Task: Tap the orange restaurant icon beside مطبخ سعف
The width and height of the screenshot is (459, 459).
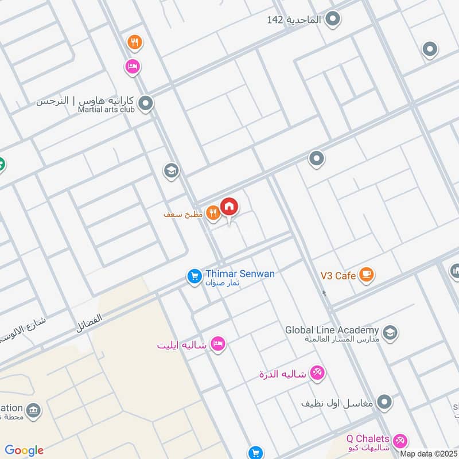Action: tap(213, 213)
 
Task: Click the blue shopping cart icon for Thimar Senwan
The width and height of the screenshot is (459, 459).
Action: tap(194, 277)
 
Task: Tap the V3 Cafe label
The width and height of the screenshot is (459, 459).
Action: tap(337, 276)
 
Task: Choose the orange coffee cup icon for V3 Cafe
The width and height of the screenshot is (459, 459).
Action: tap(366, 275)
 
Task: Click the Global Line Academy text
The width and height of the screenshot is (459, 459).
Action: tap(332, 330)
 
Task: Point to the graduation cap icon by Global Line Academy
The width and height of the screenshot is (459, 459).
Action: tap(390, 333)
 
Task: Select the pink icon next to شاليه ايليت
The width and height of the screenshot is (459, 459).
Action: tap(218, 344)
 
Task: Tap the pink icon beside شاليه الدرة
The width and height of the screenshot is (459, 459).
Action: tap(317, 374)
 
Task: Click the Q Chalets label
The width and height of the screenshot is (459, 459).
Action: tap(368, 439)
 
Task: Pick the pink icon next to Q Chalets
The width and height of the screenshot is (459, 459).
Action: tap(400, 441)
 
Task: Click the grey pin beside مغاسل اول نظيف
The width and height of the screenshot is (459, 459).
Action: tap(385, 403)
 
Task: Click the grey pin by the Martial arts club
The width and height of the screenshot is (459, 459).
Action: tap(146, 104)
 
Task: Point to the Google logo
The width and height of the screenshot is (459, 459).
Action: tap(24, 450)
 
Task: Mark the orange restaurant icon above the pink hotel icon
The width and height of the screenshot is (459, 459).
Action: tap(134, 42)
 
